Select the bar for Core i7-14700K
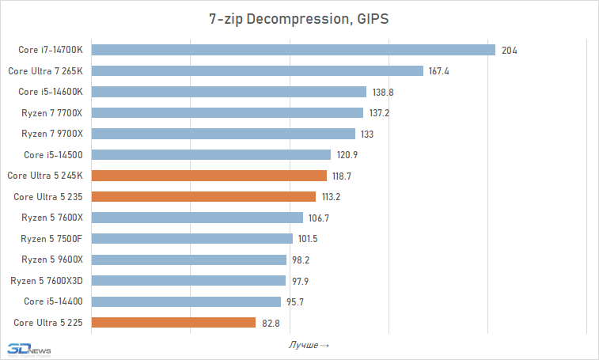(x=294, y=50)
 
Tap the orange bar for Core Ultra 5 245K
(x=210, y=176)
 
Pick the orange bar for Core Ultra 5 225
(x=174, y=322)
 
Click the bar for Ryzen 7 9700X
(x=224, y=134)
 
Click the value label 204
(x=510, y=50)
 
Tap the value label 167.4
(x=439, y=71)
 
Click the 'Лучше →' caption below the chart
(x=309, y=345)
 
